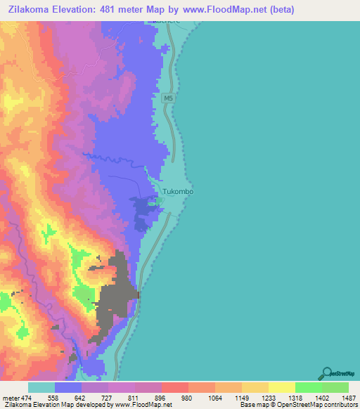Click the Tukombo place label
coord(178,190)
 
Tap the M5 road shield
coord(167,99)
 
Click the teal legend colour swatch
coord(41,387)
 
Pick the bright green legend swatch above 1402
coord(309,387)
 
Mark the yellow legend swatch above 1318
coord(282,387)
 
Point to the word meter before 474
coord(11,397)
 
